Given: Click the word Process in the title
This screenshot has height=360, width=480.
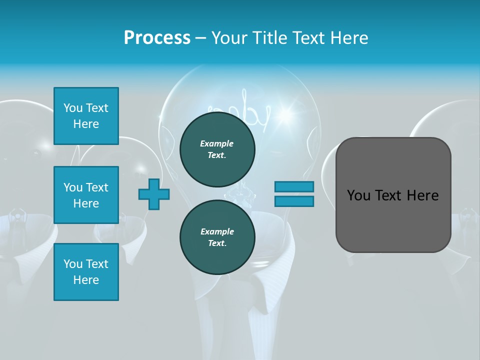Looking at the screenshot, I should [157, 38].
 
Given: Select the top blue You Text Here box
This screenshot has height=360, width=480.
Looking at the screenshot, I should [86, 116].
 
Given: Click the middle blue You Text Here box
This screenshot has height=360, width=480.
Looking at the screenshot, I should [86, 195].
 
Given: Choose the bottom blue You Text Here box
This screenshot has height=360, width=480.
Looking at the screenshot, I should [86, 272].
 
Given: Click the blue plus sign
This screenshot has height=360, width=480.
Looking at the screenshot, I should [154, 194].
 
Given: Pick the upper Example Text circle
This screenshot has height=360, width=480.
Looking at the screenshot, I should [217, 149].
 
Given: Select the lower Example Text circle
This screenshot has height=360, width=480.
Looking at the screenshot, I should [217, 237].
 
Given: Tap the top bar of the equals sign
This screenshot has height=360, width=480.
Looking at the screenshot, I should [294, 186].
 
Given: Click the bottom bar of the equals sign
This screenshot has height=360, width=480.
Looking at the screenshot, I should [294, 201].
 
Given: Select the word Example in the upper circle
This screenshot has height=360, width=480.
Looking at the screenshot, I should [216, 143].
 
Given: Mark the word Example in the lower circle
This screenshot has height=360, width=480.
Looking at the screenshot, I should [217, 231].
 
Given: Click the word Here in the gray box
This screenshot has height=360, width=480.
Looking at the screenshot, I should [422, 195].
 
